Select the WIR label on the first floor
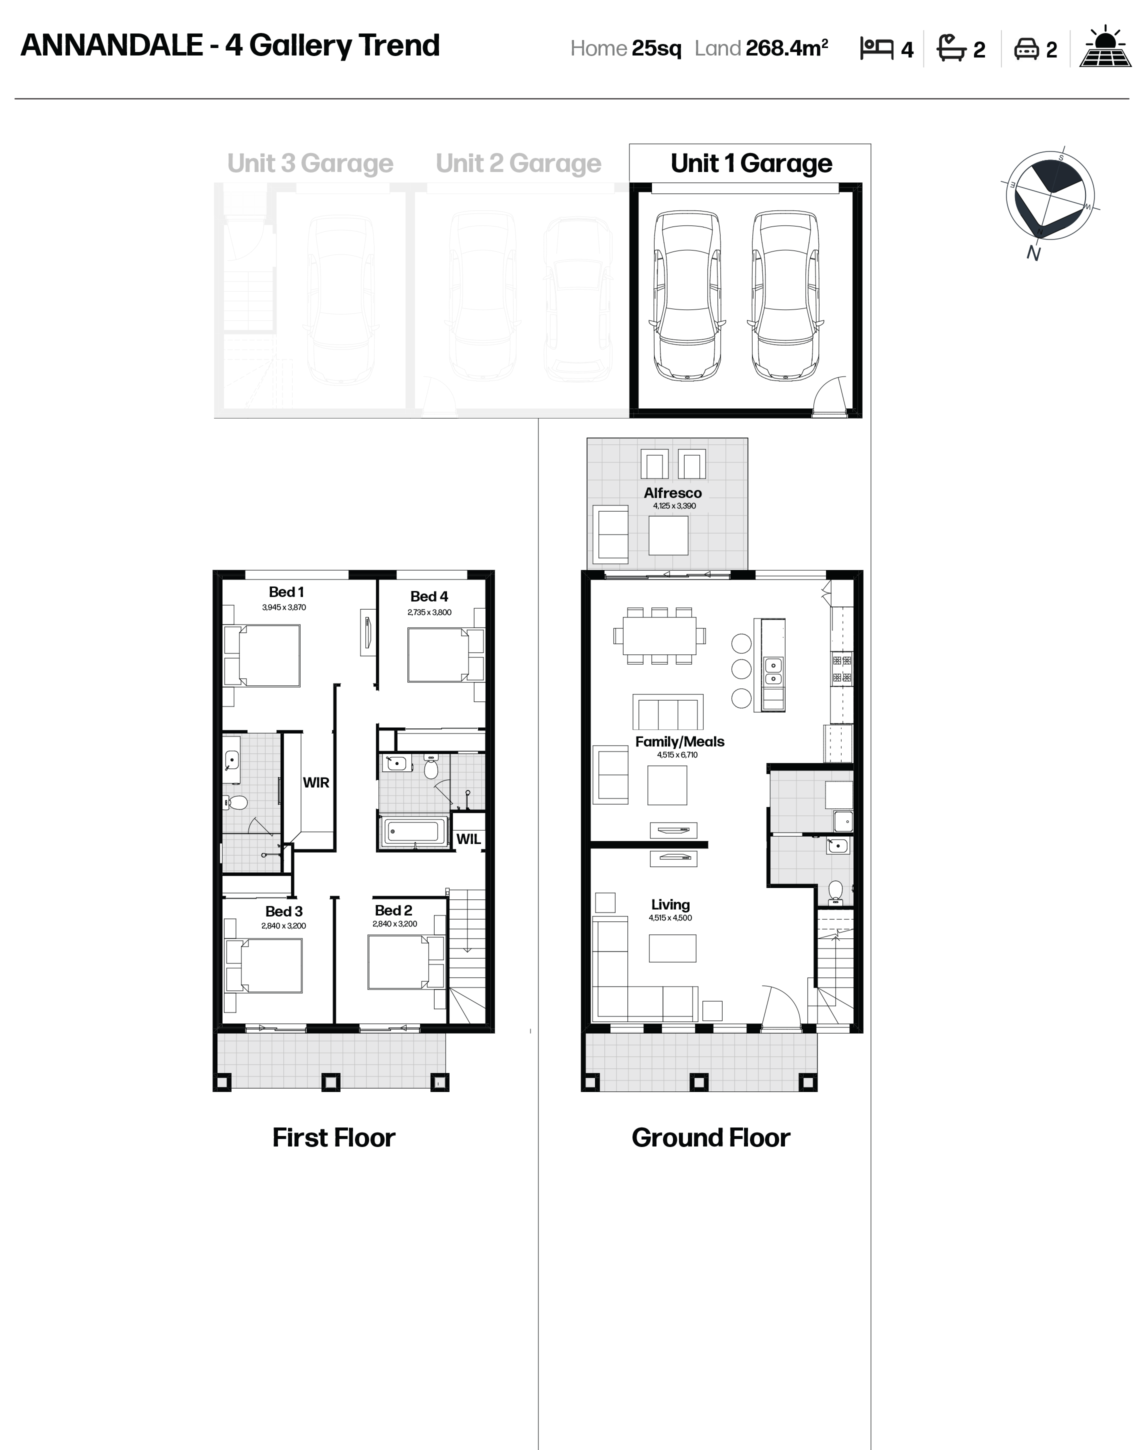(315, 782)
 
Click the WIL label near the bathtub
(468, 839)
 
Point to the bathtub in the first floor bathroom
(412, 831)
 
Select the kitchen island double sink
(773, 672)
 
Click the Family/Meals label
(679, 741)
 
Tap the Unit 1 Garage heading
(751, 163)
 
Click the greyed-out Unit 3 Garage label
(310, 163)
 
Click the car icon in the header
(1026, 48)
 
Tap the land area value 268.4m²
(787, 48)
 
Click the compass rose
(1050, 195)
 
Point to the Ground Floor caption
(711, 1137)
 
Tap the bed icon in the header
(876, 48)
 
